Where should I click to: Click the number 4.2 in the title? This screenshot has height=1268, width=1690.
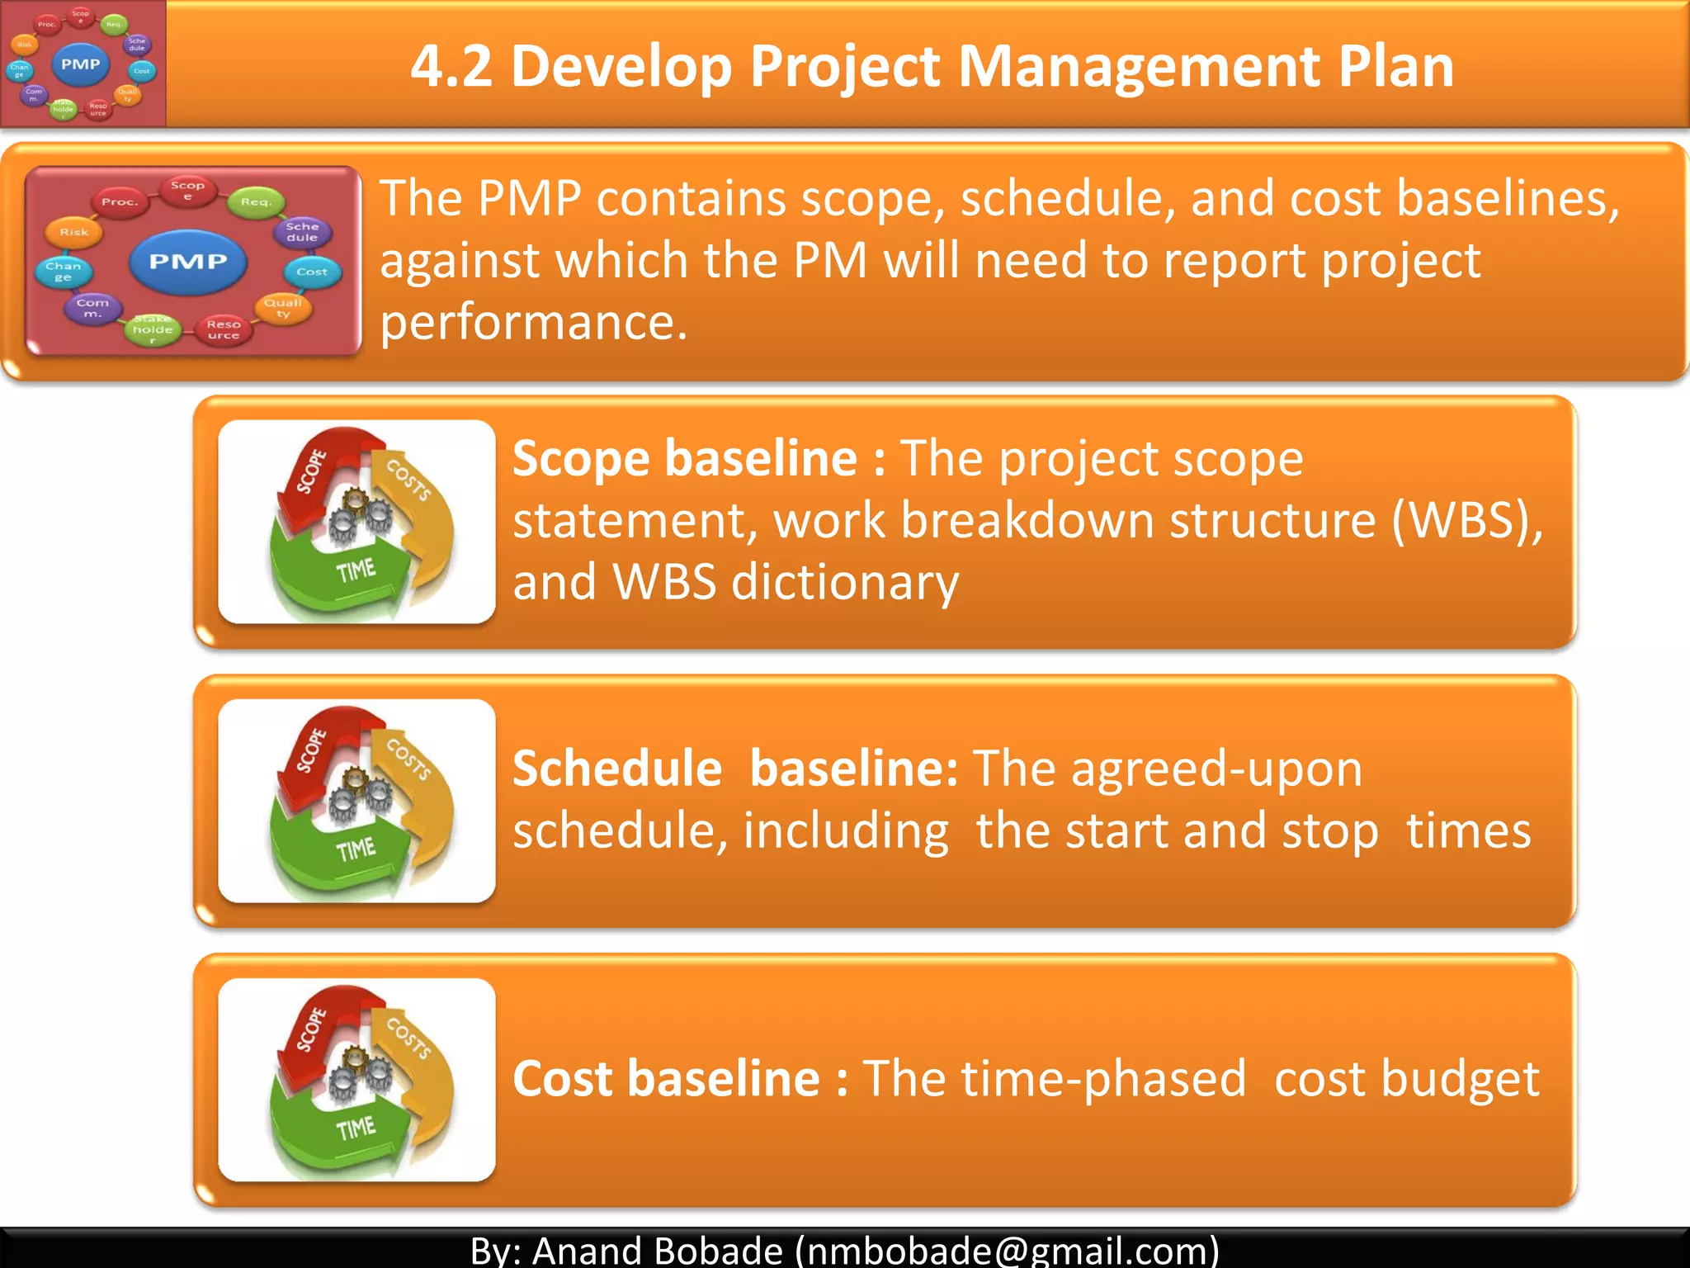(x=451, y=66)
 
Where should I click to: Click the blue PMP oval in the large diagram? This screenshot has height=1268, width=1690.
(x=188, y=262)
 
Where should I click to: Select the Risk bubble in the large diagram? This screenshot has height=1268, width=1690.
(x=74, y=233)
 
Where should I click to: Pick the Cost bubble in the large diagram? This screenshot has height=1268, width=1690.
(x=312, y=272)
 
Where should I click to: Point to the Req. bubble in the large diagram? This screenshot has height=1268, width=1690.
(x=256, y=202)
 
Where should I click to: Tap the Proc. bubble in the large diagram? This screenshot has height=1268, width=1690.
(x=120, y=202)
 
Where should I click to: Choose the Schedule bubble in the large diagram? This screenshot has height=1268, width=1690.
(x=302, y=232)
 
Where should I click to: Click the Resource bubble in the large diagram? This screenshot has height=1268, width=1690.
(x=224, y=329)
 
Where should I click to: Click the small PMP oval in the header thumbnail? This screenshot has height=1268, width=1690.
(x=81, y=64)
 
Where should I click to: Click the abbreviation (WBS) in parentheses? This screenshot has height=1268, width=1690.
(x=1466, y=521)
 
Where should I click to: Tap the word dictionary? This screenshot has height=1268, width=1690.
(x=845, y=582)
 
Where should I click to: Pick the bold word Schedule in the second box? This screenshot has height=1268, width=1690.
(x=617, y=769)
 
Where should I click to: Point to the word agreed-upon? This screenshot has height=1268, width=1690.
(x=1168, y=769)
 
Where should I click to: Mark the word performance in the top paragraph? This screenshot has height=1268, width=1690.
(x=533, y=322)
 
